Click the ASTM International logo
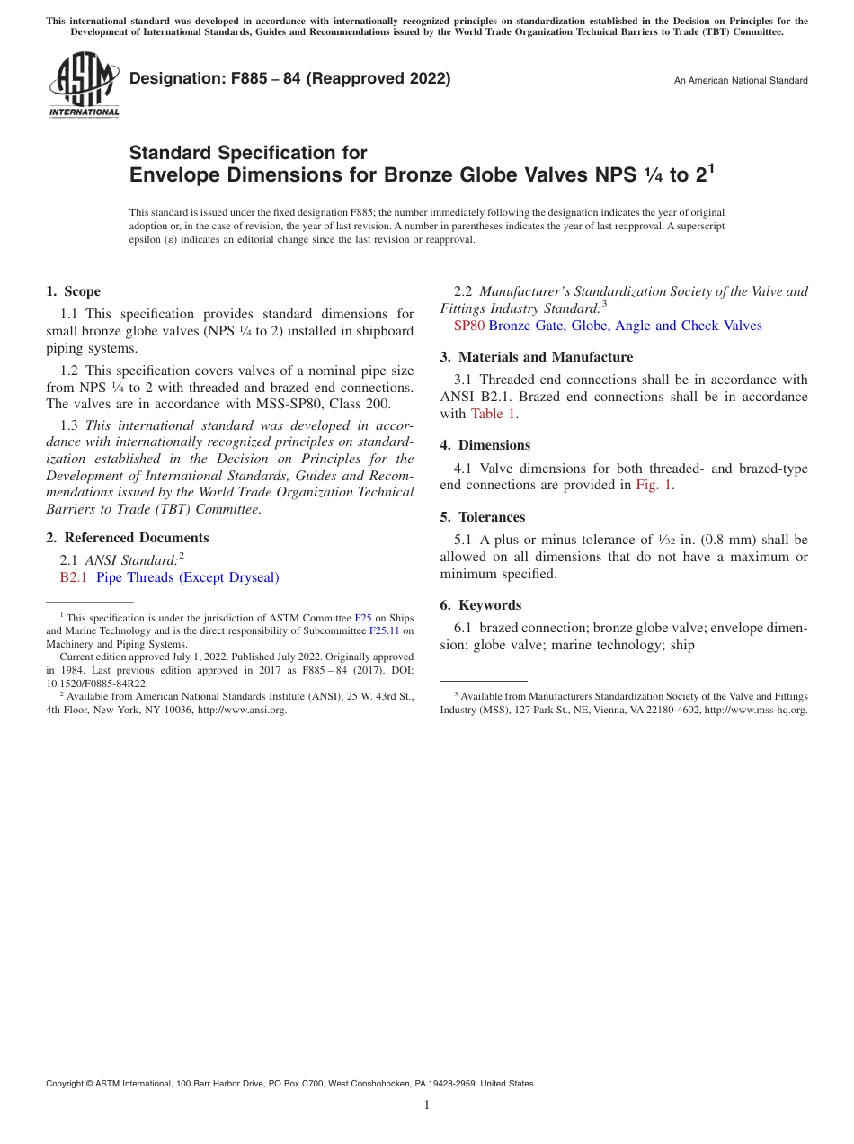point(84,84)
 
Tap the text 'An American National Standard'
point(741,81)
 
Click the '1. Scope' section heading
point(74,291)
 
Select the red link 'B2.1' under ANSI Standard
point(74,577)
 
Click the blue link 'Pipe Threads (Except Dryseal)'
point(188,577)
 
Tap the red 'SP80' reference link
point(469,326)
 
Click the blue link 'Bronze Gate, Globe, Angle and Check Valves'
point(625,326)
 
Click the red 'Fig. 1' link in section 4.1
point(654,485)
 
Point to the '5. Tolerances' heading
point(483,517)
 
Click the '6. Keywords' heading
point(481,605)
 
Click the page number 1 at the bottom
point(427,1105)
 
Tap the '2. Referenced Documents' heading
point(128,538)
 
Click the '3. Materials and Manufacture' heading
point(537,357)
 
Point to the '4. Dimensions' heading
point(485,445)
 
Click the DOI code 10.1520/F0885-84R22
point(97,684)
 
